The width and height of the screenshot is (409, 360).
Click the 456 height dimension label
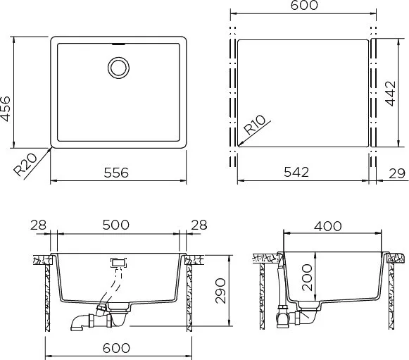(x=6, y=109)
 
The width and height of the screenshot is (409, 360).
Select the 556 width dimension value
(x=116, y=173)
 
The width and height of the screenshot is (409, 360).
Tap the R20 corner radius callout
(x=25, y=165)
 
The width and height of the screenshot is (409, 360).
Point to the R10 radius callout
(x=254, y=125)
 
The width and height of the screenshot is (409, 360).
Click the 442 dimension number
(x=391, y=94)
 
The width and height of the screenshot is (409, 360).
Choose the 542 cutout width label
(x=296, y=172)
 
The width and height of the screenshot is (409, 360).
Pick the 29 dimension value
(x=397, y=173)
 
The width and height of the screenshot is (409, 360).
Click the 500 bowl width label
(x=116, y=225)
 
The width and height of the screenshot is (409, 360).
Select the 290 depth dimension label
(x=220, y=291)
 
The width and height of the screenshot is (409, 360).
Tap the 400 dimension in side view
(x=327, y=226)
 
